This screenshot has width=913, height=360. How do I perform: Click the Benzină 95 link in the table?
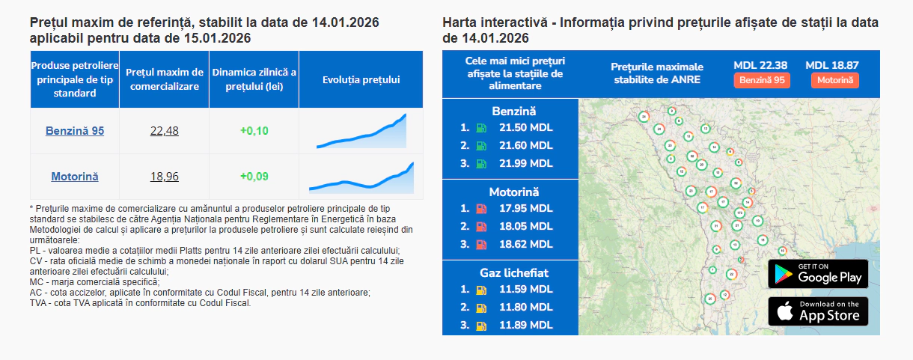(x=75, y=131)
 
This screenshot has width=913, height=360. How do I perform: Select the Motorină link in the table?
(x=75, y=177)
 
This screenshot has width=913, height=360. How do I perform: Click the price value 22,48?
(x=165, y=131)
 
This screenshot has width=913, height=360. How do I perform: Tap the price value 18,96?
(x=165, y=177)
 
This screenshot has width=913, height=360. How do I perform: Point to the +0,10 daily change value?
(x=254, y=131)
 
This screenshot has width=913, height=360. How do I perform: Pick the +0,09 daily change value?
(x=254, y=177)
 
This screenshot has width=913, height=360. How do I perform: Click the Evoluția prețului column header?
(x=361, y=79)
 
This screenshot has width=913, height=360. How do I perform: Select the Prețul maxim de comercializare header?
(x=165, y=79)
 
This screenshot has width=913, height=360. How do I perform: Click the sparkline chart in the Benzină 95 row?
(x=361, y=132)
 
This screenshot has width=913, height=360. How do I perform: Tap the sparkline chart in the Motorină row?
(x=361, y=177)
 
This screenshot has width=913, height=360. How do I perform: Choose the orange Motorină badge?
(x=834, y=80)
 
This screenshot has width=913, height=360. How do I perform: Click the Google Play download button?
(x=818, y=274)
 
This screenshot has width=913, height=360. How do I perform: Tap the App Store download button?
(x=818, y=311)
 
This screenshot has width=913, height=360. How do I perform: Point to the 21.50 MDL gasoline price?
(x=525, y=128)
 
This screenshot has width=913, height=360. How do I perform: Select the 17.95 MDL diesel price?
(x=525, y=208)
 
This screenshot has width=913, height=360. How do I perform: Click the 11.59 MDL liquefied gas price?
(x=525, y=289)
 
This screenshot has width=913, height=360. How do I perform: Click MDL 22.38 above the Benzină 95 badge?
(x=761, y=65)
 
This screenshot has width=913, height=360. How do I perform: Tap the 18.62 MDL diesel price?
(x=525, y=244)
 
